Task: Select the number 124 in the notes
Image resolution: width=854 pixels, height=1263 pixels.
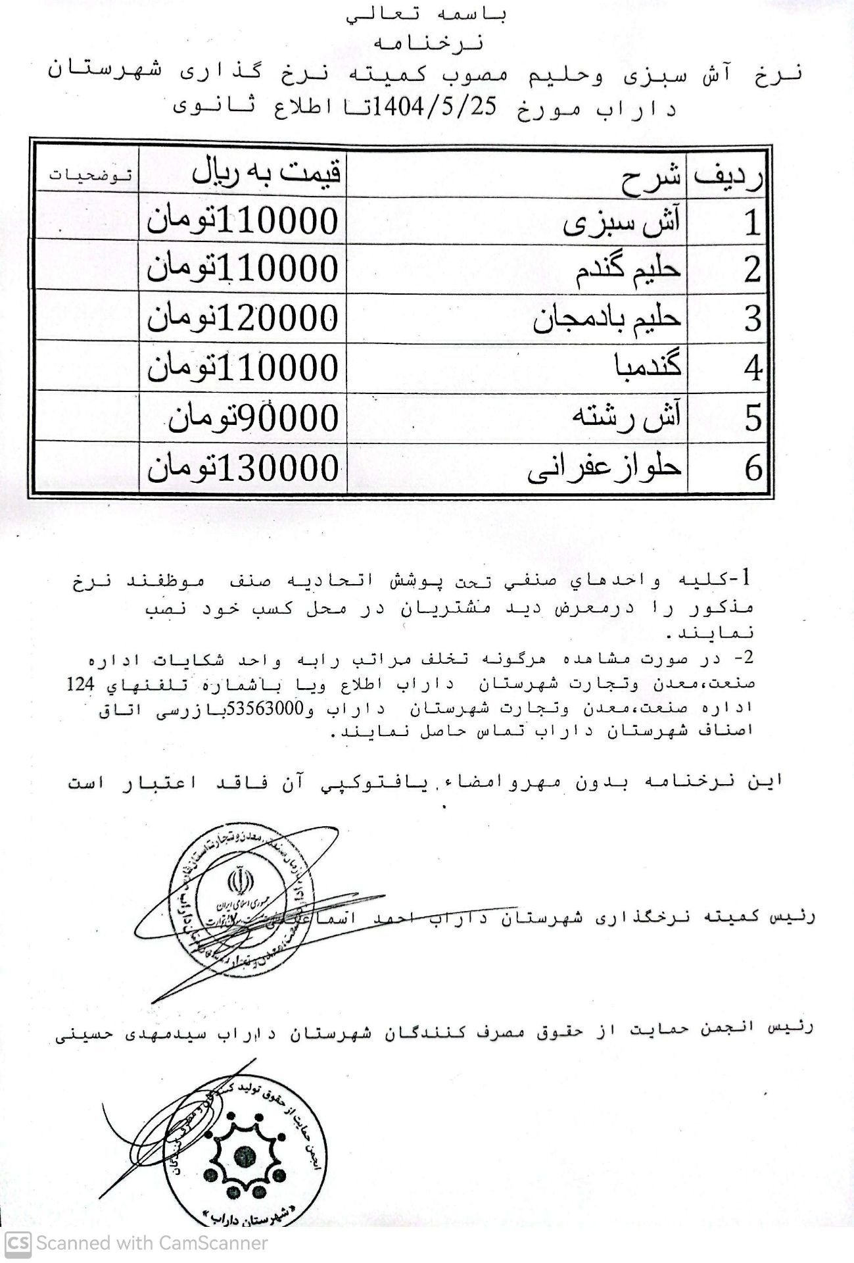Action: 82,684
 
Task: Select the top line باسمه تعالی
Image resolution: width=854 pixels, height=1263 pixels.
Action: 428,14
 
